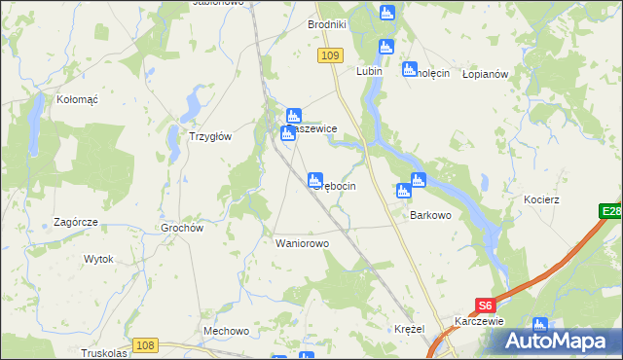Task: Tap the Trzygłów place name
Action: pyautogui.click(x=209, y=136)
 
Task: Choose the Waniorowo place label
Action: pyautogui.click(x=303, y=243)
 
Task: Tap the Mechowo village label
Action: pyautogui.click(x=227, y=331)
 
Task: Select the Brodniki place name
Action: pyautogui.click(x=327, y=24)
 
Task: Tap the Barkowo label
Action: pyautogui.click(x=430, y=215)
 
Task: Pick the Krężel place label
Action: pyautogui.click(x=410, y=330)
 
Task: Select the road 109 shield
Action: pyautogui.click(x=329, y=56)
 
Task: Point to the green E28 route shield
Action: pyautogui.click(x=610, y=211)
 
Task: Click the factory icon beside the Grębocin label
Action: pyautogui.click(x=315, y=180)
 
